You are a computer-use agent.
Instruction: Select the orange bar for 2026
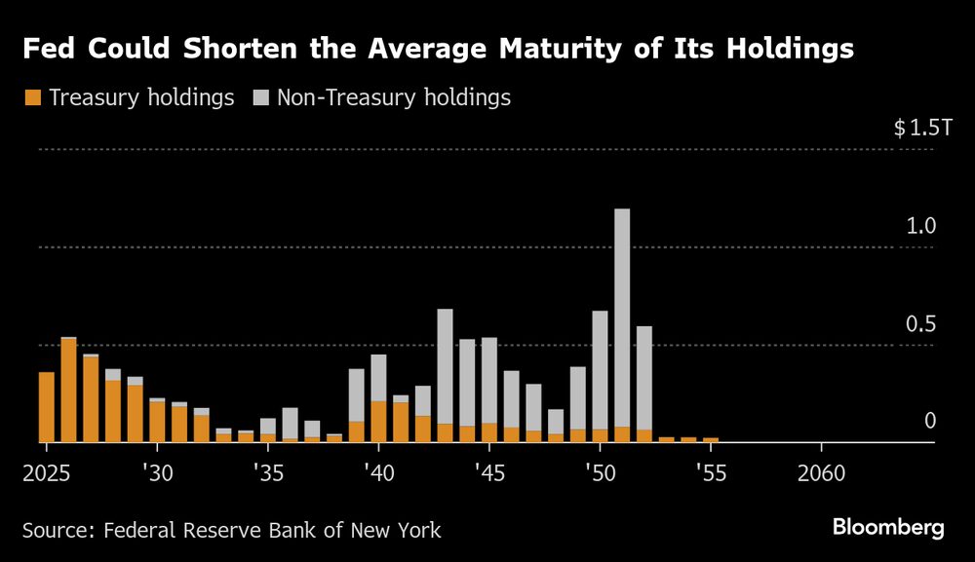coord(68,390)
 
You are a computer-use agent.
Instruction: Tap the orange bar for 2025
coord(46,407)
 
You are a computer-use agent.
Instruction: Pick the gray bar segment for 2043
coord(445,366)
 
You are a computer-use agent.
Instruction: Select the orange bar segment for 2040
coord(378,421)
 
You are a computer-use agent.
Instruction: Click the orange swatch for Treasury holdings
coord(31,97)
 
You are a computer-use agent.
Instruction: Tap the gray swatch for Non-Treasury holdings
coord(261,97)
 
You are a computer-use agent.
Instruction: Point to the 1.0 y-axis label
coord(921,226)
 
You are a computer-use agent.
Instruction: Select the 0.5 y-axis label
coord(921,324)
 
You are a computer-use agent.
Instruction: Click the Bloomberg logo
coord(888,528)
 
